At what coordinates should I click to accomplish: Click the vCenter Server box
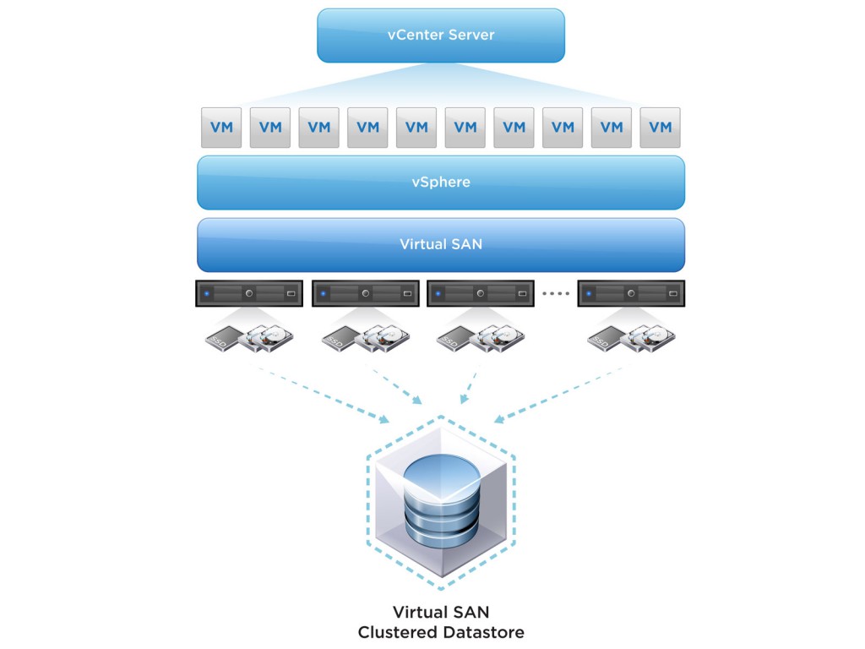coord(440,35)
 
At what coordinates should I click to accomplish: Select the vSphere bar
coord(440,182)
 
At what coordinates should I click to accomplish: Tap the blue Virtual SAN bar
coord(440,244)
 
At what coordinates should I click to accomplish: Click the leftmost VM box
coord(221,128)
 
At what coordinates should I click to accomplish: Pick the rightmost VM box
coord(660,128)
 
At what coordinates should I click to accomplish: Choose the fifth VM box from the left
coord(416,128)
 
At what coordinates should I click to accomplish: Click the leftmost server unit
coord(249,293)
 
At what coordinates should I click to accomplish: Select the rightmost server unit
coord(629,293)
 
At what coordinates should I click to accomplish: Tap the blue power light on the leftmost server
coord(207,294)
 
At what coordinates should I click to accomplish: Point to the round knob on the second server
coord(365,294)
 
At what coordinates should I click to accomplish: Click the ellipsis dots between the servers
coord(556,294)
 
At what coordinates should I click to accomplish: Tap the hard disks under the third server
coord(499,338)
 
